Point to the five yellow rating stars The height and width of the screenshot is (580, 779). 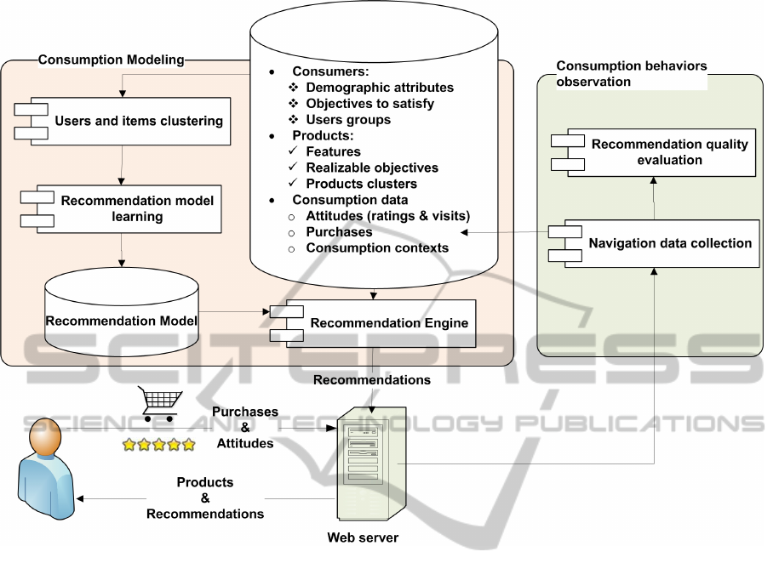click(x=158, y=444)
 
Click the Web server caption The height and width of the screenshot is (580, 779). click(x=363, y=537)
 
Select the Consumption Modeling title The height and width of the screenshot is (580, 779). click(x=111, y=60)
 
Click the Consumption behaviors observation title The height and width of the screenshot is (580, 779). click(x=631, y=74)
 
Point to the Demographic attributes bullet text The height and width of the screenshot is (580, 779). click(x=380, y=88)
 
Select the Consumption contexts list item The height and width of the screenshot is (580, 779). click(x=377, y=248)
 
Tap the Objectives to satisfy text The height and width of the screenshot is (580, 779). click(x=369, y=104)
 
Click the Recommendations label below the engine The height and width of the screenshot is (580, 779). click(x=371, y=380)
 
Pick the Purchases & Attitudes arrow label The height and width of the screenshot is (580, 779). click(x=245, y=427)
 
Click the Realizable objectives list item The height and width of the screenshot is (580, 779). click(x=372, y=168)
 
